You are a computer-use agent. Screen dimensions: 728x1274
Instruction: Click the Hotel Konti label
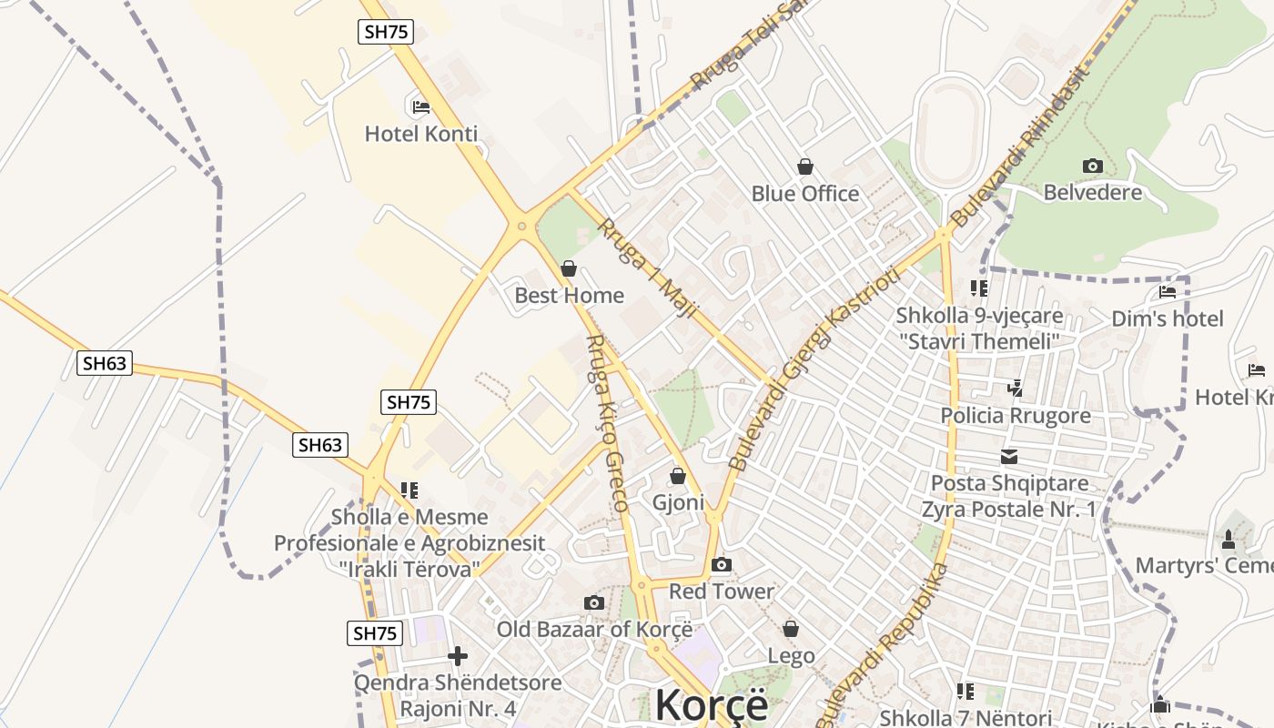(420, 134)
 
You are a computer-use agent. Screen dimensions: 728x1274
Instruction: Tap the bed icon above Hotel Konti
(420, 106)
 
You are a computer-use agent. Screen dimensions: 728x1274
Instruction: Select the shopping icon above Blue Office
(805, 166)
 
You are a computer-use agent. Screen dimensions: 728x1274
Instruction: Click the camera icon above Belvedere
(1092, 166)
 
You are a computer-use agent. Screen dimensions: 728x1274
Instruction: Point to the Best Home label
(569, 295)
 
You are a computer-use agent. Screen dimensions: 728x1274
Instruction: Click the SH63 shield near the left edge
(105, 364)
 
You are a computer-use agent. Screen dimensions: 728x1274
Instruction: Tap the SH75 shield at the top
(386, 32)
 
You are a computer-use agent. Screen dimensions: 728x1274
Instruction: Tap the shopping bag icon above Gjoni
(678, 476)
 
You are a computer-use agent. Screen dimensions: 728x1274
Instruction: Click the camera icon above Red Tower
(722, 565)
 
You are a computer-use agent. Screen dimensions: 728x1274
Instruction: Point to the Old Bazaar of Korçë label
(594, 629)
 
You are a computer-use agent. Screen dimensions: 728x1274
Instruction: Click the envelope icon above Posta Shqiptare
(1009, 457)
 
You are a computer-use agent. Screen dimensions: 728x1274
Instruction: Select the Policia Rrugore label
(1015, 416)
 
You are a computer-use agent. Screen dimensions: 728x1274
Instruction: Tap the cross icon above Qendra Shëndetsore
(458, 655)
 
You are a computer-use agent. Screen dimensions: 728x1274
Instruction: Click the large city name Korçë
(711, 705)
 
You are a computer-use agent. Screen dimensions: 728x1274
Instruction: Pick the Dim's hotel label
(1168, 318)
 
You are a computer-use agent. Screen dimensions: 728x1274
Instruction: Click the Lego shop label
(791, 655)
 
